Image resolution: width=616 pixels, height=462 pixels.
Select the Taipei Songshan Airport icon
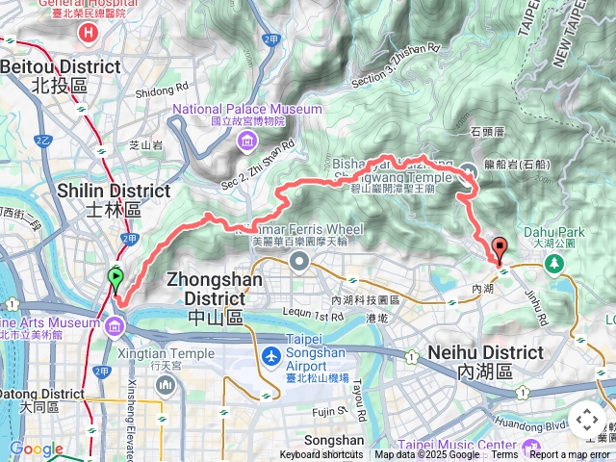pyautogui.click(x=271, y=356)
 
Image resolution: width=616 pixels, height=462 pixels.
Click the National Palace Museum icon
pyautogui.click(x=247, y=143)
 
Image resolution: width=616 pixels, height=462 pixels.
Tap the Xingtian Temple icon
pyautogui.click(x=166, y=386)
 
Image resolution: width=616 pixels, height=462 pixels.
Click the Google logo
pyautogui.click(x=36, y=449)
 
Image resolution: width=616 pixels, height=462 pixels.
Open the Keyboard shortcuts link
pyautogui.click(x=321, y=454)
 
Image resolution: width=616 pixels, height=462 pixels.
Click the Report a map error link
pyautogui.click(x=571, y=454)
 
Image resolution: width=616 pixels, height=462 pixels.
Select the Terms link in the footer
pyautogui.click(x=504, y=454)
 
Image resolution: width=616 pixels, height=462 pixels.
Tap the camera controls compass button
pyautogui.click(x=587, y=420)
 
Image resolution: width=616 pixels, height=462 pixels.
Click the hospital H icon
pyautogui.click(x=90, y=33)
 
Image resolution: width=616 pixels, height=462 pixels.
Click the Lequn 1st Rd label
pyautogui.click(x=314, y=316)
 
